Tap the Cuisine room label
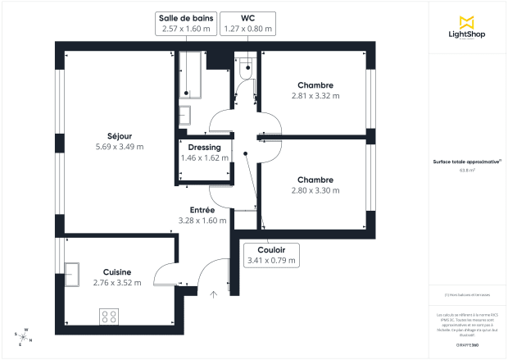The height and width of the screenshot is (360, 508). pos(117,271)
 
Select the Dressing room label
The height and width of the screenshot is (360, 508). pos(204,148)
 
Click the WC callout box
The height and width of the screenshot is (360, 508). pos(247,23)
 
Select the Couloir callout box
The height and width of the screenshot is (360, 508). pos(271,255)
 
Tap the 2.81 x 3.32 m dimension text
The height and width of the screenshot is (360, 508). pos(315,96)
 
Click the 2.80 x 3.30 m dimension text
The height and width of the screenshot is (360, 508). pos(315,190)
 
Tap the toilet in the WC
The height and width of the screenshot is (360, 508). pos(245,73)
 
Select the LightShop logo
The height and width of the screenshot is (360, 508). pos(468,27)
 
